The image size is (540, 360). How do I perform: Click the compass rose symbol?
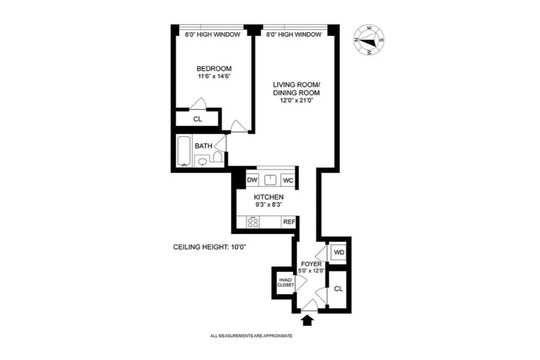[369, 40]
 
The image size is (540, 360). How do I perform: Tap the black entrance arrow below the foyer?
[308, 321]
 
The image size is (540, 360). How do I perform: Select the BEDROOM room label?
[214, 69]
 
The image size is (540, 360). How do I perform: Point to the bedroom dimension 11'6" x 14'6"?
[214, 76]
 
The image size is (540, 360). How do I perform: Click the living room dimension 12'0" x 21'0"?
[296, 101]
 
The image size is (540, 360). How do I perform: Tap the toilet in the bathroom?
[218, 157]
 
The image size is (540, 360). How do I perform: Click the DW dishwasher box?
[252, 180]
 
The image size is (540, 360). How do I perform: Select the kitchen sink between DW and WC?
[270, 180]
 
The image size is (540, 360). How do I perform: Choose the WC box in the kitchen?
[288, 180]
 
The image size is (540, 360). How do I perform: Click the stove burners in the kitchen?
[253, 222]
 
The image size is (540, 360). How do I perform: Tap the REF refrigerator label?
[289, 222]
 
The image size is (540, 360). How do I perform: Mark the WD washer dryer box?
[339, 252]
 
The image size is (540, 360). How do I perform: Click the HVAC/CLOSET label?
[285, 282]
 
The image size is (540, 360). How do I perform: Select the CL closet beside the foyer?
[338, 289]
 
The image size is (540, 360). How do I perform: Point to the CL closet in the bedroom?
[198, 119]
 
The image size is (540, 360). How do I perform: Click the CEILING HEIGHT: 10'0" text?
[210, 247]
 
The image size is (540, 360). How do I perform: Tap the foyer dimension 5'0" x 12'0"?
[311, 271]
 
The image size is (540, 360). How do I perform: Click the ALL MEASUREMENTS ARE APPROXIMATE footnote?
[251, 336]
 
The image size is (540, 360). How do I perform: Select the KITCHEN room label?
[268, 197]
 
